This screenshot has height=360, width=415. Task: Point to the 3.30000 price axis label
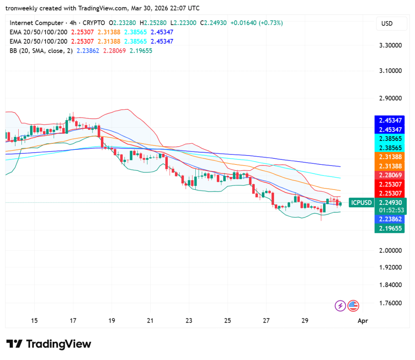(391, 45)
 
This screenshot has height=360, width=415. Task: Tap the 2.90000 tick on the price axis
(391, 98)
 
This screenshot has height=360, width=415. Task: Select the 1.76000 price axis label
(391, 303)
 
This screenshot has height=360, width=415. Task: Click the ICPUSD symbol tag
(361, 202)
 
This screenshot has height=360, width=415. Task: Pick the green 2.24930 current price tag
(391, 202)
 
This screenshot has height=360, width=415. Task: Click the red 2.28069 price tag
(391, 175)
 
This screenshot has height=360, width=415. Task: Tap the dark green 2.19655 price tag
(391, 228)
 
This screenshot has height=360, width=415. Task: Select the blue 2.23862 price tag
(391, 219)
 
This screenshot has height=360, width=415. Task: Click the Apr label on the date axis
(363, 321)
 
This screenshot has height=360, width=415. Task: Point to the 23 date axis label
(189, 321)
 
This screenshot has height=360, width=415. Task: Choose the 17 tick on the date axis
(73, 321)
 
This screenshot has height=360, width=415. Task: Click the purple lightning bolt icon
(340, 306)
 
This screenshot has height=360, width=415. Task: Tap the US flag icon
(353, 306)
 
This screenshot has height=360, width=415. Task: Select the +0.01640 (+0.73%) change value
(256, 23)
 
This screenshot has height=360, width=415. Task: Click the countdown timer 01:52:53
(391, 210)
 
